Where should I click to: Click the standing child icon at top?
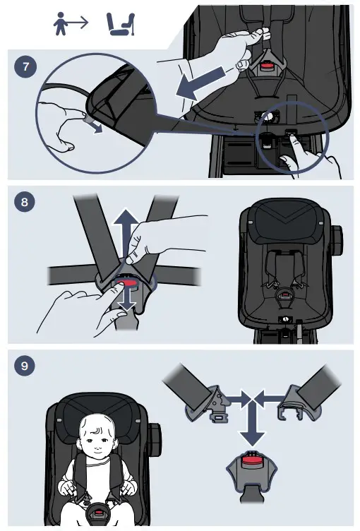tap(61, 23)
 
